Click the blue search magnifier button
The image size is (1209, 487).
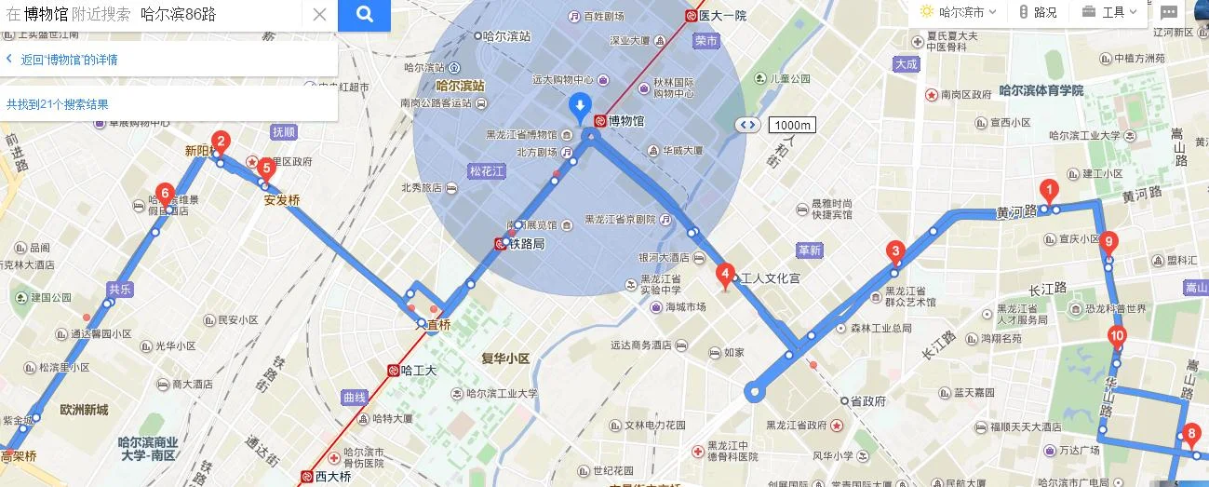tap(364, 15)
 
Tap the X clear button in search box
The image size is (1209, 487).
tap(319, 15)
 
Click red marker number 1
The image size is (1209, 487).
tap(1049, 190)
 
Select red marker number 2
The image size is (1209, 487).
tap(221, 142)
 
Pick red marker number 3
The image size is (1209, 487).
tap(895, 250)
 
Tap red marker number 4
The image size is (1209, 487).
tap(724, 275)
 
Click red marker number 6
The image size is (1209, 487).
tap(165, 194)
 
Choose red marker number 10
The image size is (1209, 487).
tap(1117, 336)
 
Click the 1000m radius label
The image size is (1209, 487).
tap(792, 125)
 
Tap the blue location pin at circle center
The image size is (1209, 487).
tap(580, 106)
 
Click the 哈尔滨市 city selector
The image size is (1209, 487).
tap(960, 12)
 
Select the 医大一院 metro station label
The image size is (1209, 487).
tap(721, 15)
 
